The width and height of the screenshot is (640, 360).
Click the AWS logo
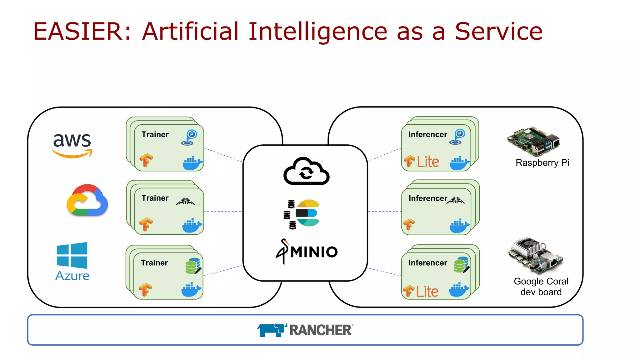(x=72, y=145)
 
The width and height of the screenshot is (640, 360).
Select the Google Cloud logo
(x=87, y=200)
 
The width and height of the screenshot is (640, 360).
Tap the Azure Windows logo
(x=72, y=255)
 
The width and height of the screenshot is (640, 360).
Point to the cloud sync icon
(x=306, y=171)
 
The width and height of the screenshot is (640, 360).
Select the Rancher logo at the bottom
(x=305, y=330)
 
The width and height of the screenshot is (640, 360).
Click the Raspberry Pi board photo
(x=533, y=141)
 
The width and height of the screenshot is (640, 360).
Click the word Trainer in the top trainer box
(x=155, y=135)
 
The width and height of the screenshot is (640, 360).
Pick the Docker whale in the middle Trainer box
(x=192, y=226)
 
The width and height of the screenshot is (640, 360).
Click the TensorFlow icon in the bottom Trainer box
(x=145, y=290)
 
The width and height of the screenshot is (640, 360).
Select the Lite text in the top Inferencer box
(x=428, y=162)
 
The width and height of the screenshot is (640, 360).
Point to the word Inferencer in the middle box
(x=427, y=198)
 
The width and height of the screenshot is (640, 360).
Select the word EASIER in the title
(x=77, y=31)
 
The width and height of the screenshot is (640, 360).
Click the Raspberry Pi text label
(x=542, y=163)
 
